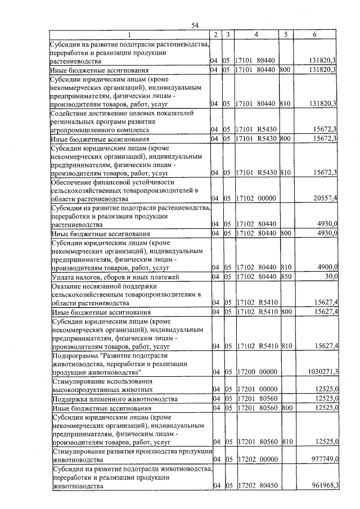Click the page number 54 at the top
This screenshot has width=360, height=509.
coord(195,25)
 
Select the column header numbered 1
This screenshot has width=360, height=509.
coord(129,35)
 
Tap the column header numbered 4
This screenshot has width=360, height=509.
coord(256,35)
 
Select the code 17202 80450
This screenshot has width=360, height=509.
coord(255,485)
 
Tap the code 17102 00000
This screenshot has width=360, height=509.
coord(255,198)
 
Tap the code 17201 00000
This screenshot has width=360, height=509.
coord(255,389)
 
